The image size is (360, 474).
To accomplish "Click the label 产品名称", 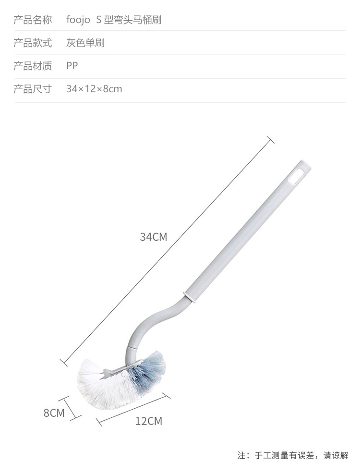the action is click(33, 20).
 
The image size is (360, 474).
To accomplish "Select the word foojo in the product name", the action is click(78, 20).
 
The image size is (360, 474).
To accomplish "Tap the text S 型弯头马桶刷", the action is click(129, 20).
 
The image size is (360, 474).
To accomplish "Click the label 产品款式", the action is click(33, 43).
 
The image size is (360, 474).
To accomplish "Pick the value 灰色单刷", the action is click(85, 43).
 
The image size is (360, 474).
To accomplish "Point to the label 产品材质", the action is click(33, 66).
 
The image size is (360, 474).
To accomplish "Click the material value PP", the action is click(72, 66).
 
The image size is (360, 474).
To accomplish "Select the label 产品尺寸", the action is click(33, 89).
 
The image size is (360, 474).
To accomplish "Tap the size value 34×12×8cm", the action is click(94, 89).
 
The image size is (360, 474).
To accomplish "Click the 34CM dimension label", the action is click(153, 237).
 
